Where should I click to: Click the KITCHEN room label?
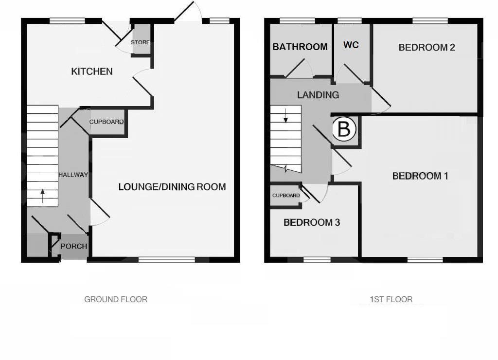click(x=92, y=72)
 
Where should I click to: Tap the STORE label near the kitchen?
click(x=141, y=42)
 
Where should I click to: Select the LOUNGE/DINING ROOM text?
click(x=172, y=187)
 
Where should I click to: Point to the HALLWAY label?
click(x=73, y=175)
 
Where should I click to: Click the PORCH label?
click(x=74, y=246)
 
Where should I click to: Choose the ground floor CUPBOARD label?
click(x=107, y=122)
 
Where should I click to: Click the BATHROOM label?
click(x=300, y=47)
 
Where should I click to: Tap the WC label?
click(x=351, y=45)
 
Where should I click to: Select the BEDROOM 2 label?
click(x=427, y=47)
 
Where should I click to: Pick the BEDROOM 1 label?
click(x=420, y=176)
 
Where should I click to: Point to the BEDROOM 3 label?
click(x=312, y=222)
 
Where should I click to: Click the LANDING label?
click(x=318, y=95)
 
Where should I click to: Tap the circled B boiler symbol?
click(x=344, y=129)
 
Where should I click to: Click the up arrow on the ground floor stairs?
click(x=43, y=196)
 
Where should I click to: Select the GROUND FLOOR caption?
click(x=116, y=299)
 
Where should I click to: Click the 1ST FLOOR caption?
click(x=391, y=299)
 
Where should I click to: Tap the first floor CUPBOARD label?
click(x=286, y=196)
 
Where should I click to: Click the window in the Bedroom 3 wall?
click(x=317, y=260)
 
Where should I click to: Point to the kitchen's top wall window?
click(x=67, y=21)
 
